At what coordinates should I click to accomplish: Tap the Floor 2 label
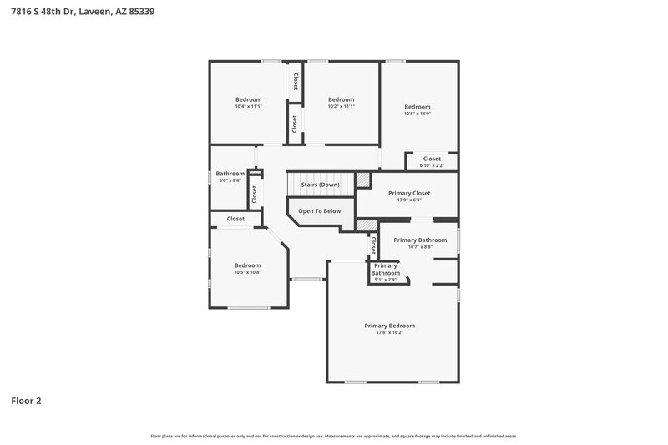tap(26, 401)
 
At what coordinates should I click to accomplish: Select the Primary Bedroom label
tap(389, 326)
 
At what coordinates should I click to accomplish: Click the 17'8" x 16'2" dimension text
tap(389, 332)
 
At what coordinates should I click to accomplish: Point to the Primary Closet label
tap(409, 193)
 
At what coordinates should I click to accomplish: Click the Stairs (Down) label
tap(320, 184)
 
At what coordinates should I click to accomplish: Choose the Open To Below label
tap(320, 211)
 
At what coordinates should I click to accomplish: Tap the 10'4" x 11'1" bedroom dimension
tap(248, 106)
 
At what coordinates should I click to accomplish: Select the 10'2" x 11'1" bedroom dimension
tap(341, 106)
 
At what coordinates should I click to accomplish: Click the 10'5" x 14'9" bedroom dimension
tap(417, 114)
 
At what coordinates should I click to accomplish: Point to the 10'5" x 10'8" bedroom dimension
tap(247, 272)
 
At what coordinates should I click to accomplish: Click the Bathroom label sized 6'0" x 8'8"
tap(231, 174)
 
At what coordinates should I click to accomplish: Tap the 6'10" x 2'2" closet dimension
tap(432, 165)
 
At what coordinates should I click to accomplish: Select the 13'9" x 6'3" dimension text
tap(409, 200)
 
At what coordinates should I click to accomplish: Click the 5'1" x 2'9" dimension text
tap(385, 280)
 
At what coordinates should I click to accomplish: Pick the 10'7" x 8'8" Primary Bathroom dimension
tap(420, 246)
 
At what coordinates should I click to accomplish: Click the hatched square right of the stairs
tap(362, 180)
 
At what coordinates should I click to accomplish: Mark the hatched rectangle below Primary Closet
tap(367, 225)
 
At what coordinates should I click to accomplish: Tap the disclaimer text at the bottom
tap(334, 436)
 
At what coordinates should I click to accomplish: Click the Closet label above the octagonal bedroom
tap(235, 219)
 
